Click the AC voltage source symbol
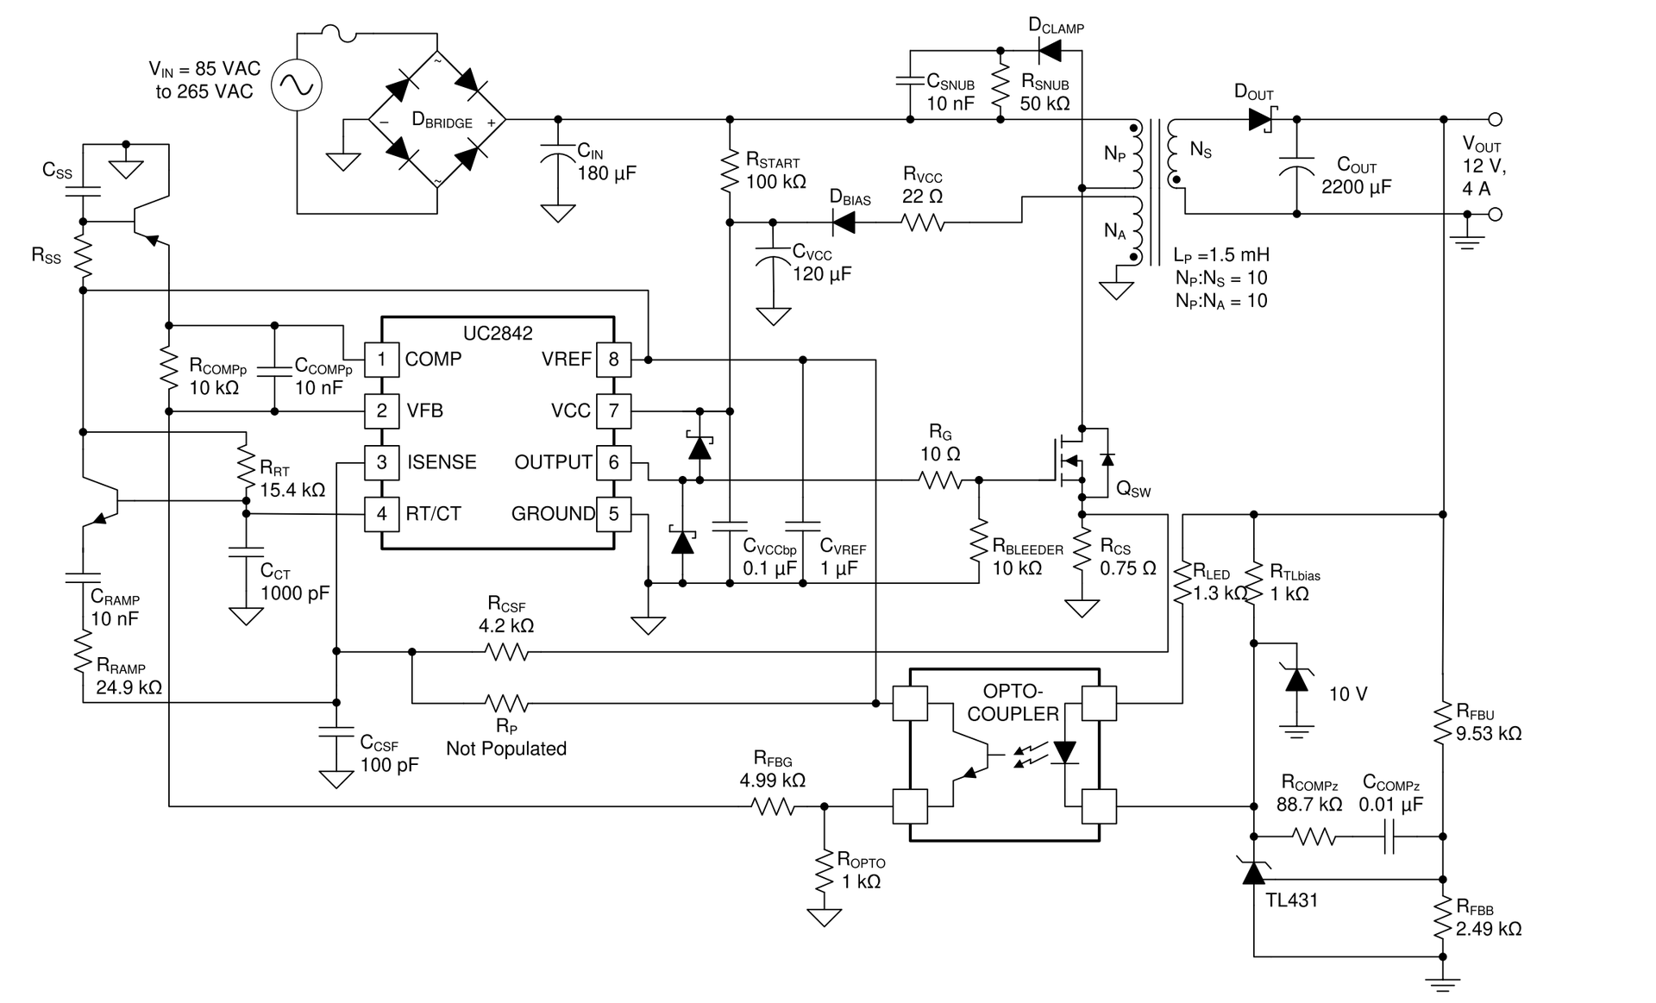pyautogui.click(x=297, y=85)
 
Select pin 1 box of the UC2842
pyautogui.click(x=381, y=359)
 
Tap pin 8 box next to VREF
pyautogui.click(x=613, y=359)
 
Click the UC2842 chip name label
pyautogui.click(x=498, y=333)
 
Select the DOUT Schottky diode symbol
pyautogui.click(x=1264, y=119)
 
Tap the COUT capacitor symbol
pyautogui.click(x=1296, y=167)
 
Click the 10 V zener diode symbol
pyautogui.click(x=1296, y=679)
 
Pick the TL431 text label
pyautogui.click(x=1291, y=900)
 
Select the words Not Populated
pyautogui.click(x=506, y=749)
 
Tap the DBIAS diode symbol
pyautogui.click(x=844, y=223)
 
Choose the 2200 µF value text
pyautogui.click(x=1357, y=187)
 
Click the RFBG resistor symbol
pyautogui.click(x=773, y=806)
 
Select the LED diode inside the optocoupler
pyautogui.click(x=1065, y=752)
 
